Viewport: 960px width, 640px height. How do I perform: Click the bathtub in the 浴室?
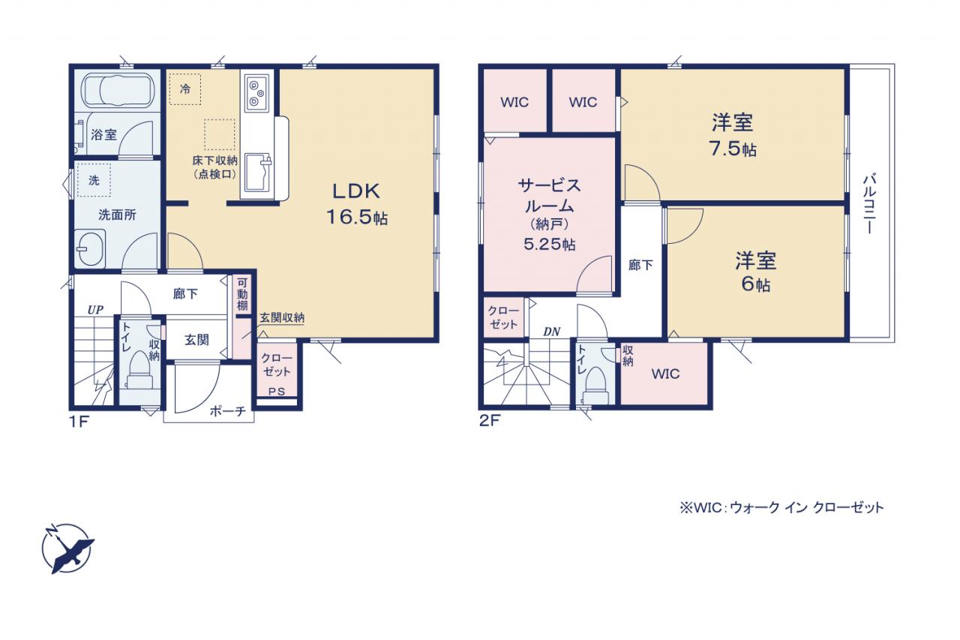(x=118, y=91)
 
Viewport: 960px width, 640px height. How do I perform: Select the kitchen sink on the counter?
(x=259, y=172)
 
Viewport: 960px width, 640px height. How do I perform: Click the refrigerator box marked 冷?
(x=185, y=89)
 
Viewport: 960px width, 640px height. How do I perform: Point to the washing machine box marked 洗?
(x=94, y=180)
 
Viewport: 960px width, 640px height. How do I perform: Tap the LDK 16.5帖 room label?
(x=357, y=205)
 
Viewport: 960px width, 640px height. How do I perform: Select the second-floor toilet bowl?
(x=596, y=386)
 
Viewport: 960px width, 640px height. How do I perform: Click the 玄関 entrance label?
(x=196, y=341)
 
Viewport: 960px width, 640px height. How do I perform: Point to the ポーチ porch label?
(x=227, y=411)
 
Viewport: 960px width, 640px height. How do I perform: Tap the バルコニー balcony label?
(x=869, y=203)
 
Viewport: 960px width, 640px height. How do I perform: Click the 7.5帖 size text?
(x=733, y=149)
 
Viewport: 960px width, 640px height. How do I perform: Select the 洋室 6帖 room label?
(x=755, y=272)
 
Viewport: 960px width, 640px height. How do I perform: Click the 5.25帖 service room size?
(x=550, y=245)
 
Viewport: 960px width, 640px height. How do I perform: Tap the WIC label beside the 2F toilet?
(x=665, y=374)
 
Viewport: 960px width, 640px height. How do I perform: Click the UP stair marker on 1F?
(x=95, y=310)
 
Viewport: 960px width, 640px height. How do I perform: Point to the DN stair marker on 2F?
(x=552, y=332)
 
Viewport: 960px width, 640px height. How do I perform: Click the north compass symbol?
(x=67, y=548)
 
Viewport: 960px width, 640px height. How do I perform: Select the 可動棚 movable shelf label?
(x=242, y=294)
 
